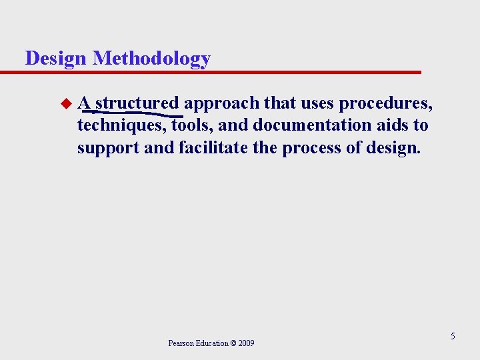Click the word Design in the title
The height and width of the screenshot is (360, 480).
[x=56, y=59]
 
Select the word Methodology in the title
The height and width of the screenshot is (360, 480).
[x=151, y=59]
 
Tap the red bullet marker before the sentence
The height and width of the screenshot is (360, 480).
[x=65, y=103]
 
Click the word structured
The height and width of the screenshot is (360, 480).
[x=137, y=103]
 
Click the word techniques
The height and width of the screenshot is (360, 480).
[x=122, y=125]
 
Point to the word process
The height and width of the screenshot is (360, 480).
[x=311, y=147]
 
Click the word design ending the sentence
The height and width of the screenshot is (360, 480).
[x=393, y=147]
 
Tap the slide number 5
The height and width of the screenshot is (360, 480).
[x=453, y=336]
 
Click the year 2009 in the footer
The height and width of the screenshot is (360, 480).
[x=246, y=343]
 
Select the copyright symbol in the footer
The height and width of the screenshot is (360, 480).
[x=233, y=343]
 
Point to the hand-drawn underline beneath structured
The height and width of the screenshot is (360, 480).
[x=133, y=114]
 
